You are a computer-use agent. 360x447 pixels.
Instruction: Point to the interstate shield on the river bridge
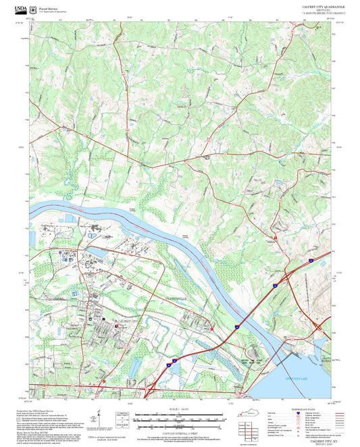(237, 326)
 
